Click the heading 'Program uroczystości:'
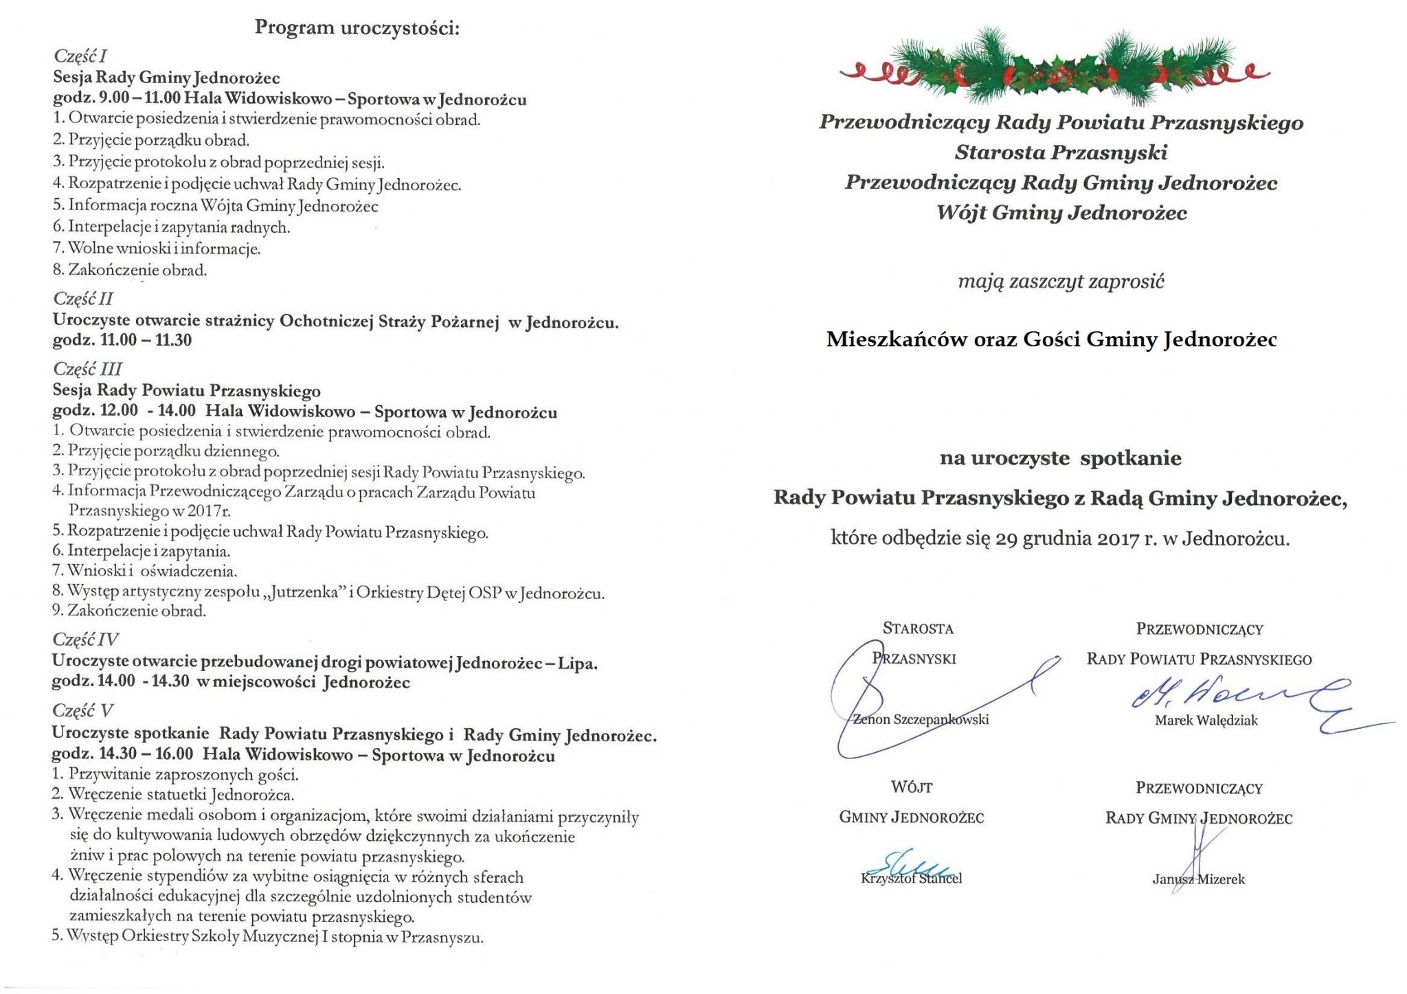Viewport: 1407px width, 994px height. point(357,28)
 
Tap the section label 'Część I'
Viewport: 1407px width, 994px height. point(80,56)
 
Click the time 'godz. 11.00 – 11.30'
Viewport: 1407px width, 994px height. point(122,340)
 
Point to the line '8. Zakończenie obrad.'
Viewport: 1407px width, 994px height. point(130,270)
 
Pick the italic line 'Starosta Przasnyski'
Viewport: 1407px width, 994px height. point(1061,153)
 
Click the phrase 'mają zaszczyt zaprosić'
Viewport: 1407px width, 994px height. point(1061,282)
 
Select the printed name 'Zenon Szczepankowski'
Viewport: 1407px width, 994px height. point(921,720)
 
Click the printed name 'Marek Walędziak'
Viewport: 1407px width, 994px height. point(1206,721)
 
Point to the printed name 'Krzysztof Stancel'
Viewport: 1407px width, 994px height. point(911,879)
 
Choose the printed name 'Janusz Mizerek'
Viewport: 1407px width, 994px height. point(1198,879)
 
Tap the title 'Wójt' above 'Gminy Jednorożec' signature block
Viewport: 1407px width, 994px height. point(912,787)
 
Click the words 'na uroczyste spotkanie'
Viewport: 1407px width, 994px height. point(1061,458)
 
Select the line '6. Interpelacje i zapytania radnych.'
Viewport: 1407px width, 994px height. point(172,227)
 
